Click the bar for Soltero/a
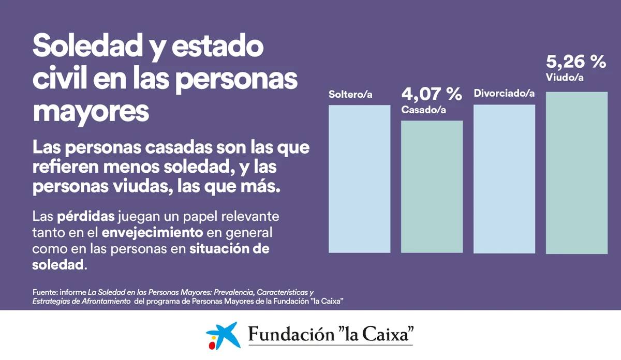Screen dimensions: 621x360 click(x=359, y=179)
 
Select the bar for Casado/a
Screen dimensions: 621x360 click(x=432, y=187)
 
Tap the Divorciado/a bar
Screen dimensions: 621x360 click(x=504, y=179)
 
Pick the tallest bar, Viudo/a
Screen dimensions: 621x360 click(x=576, y=173)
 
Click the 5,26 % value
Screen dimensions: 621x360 click(x=576, y=62)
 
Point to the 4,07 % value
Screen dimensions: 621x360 click(x=432, y=94)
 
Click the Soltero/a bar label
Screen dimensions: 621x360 click(x=350, y=95)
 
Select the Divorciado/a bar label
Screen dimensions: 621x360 click(x=504, y=94)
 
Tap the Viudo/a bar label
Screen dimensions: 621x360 click(x=565, y=77)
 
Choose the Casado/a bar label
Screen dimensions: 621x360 click(x=423, y=110)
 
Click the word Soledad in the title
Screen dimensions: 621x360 click(x=87, y=45)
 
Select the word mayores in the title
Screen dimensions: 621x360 click(x=91, y=112)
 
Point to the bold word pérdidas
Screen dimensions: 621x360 click(x=86, y=216)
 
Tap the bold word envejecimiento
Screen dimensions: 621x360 click(x=152, y=233)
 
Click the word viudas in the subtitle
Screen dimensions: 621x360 click(x=141, y=186)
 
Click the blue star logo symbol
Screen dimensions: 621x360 click(x=224, y=335)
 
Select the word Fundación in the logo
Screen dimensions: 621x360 click(x=291, y=334)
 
